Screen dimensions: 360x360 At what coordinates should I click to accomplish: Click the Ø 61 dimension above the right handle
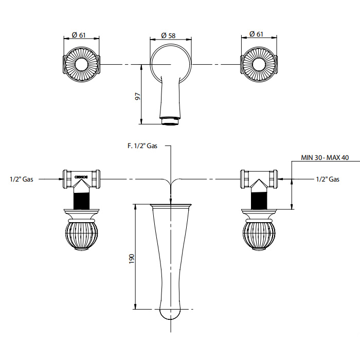pyautogui.click(x=257, y=34)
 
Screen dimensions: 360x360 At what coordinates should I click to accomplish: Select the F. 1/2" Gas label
pyautogui.click(x=142, y=146)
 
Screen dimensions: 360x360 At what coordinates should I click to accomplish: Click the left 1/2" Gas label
pyautogui.click(x=21, y=179)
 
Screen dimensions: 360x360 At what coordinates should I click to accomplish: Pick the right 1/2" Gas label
pyautogui.click(x=327, y=179)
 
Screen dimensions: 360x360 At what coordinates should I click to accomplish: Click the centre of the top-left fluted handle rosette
pyautogui.click(x=81, y=64)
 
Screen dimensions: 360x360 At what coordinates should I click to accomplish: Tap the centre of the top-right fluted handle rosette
pyautogui.click(x=260, y=64)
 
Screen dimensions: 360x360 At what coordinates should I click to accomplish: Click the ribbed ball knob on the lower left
pyautogui.click(x=81, y=234)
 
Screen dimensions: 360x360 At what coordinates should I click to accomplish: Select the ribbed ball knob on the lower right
pyautogui.click(x=260, y=234)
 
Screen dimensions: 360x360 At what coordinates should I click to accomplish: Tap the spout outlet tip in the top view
pyautogui.click(x=170, y=121)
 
